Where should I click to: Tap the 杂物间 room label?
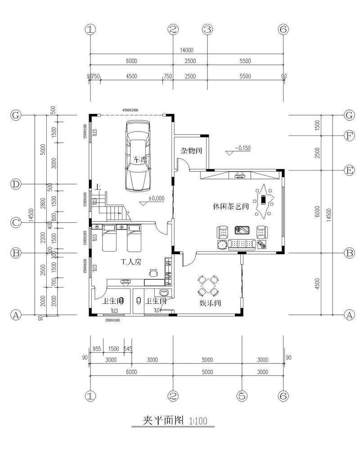[191, 151]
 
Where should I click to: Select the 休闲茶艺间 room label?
[231, 207]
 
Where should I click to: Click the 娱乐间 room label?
[209, 303]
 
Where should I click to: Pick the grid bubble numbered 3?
[207, 30]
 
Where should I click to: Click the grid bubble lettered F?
[349, 135]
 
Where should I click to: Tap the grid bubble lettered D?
[16, 184]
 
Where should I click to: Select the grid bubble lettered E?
[349, 170]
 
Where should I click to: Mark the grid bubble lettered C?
[16, 222]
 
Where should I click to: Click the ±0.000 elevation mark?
[156, 198]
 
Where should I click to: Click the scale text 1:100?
[198, 422]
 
